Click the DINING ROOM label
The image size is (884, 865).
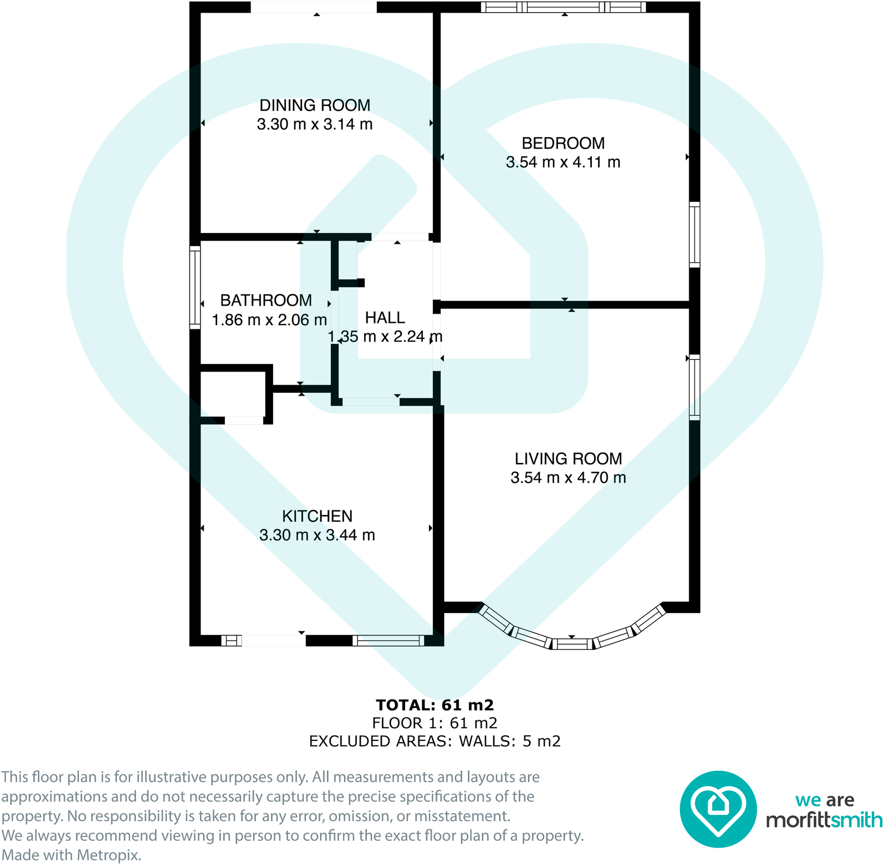pyautogui.click(x=315, y=106)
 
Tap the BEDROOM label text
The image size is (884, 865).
pyautogui.click(x=563, y=143)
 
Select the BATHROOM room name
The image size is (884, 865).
pyautogui.click(x=266, y=300)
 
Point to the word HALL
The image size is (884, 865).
pyautogui.click(x=385, y=318)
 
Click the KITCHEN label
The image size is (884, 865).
pyautogui.click(x=317, y=516)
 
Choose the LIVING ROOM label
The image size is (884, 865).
pyautogui.click(x=568, y=459)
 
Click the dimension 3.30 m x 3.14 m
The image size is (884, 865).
pyautogui.click(x=315, y=125)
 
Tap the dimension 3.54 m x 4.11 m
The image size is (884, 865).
pyautogui.click(x=563, y=163)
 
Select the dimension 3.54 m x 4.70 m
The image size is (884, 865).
pyautogui.click(x=568, y=478)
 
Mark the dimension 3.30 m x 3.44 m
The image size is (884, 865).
pyautogui.click(x=317, y=535)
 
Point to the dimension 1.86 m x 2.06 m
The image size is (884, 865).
pyautogui.click(x=269, y=320)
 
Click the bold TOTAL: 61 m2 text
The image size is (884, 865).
pyautogui.click(x=435, y=705)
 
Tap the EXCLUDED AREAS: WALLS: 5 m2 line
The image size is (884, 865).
pyautogui.click(x=435, y=741)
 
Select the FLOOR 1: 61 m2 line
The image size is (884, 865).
pyautogui.click(x=435, y=723)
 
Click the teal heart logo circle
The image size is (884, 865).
pyautogui.click(x=718, y=809)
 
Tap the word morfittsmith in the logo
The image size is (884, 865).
pyautogui.click(x=824, y=820)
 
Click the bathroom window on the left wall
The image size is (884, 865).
pyautogui.click(x=195, y=287)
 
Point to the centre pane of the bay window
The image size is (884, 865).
pyautogui.click(x=572, y=644)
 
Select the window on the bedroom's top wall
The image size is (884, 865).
pyautogui.click(x=563, y=7)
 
